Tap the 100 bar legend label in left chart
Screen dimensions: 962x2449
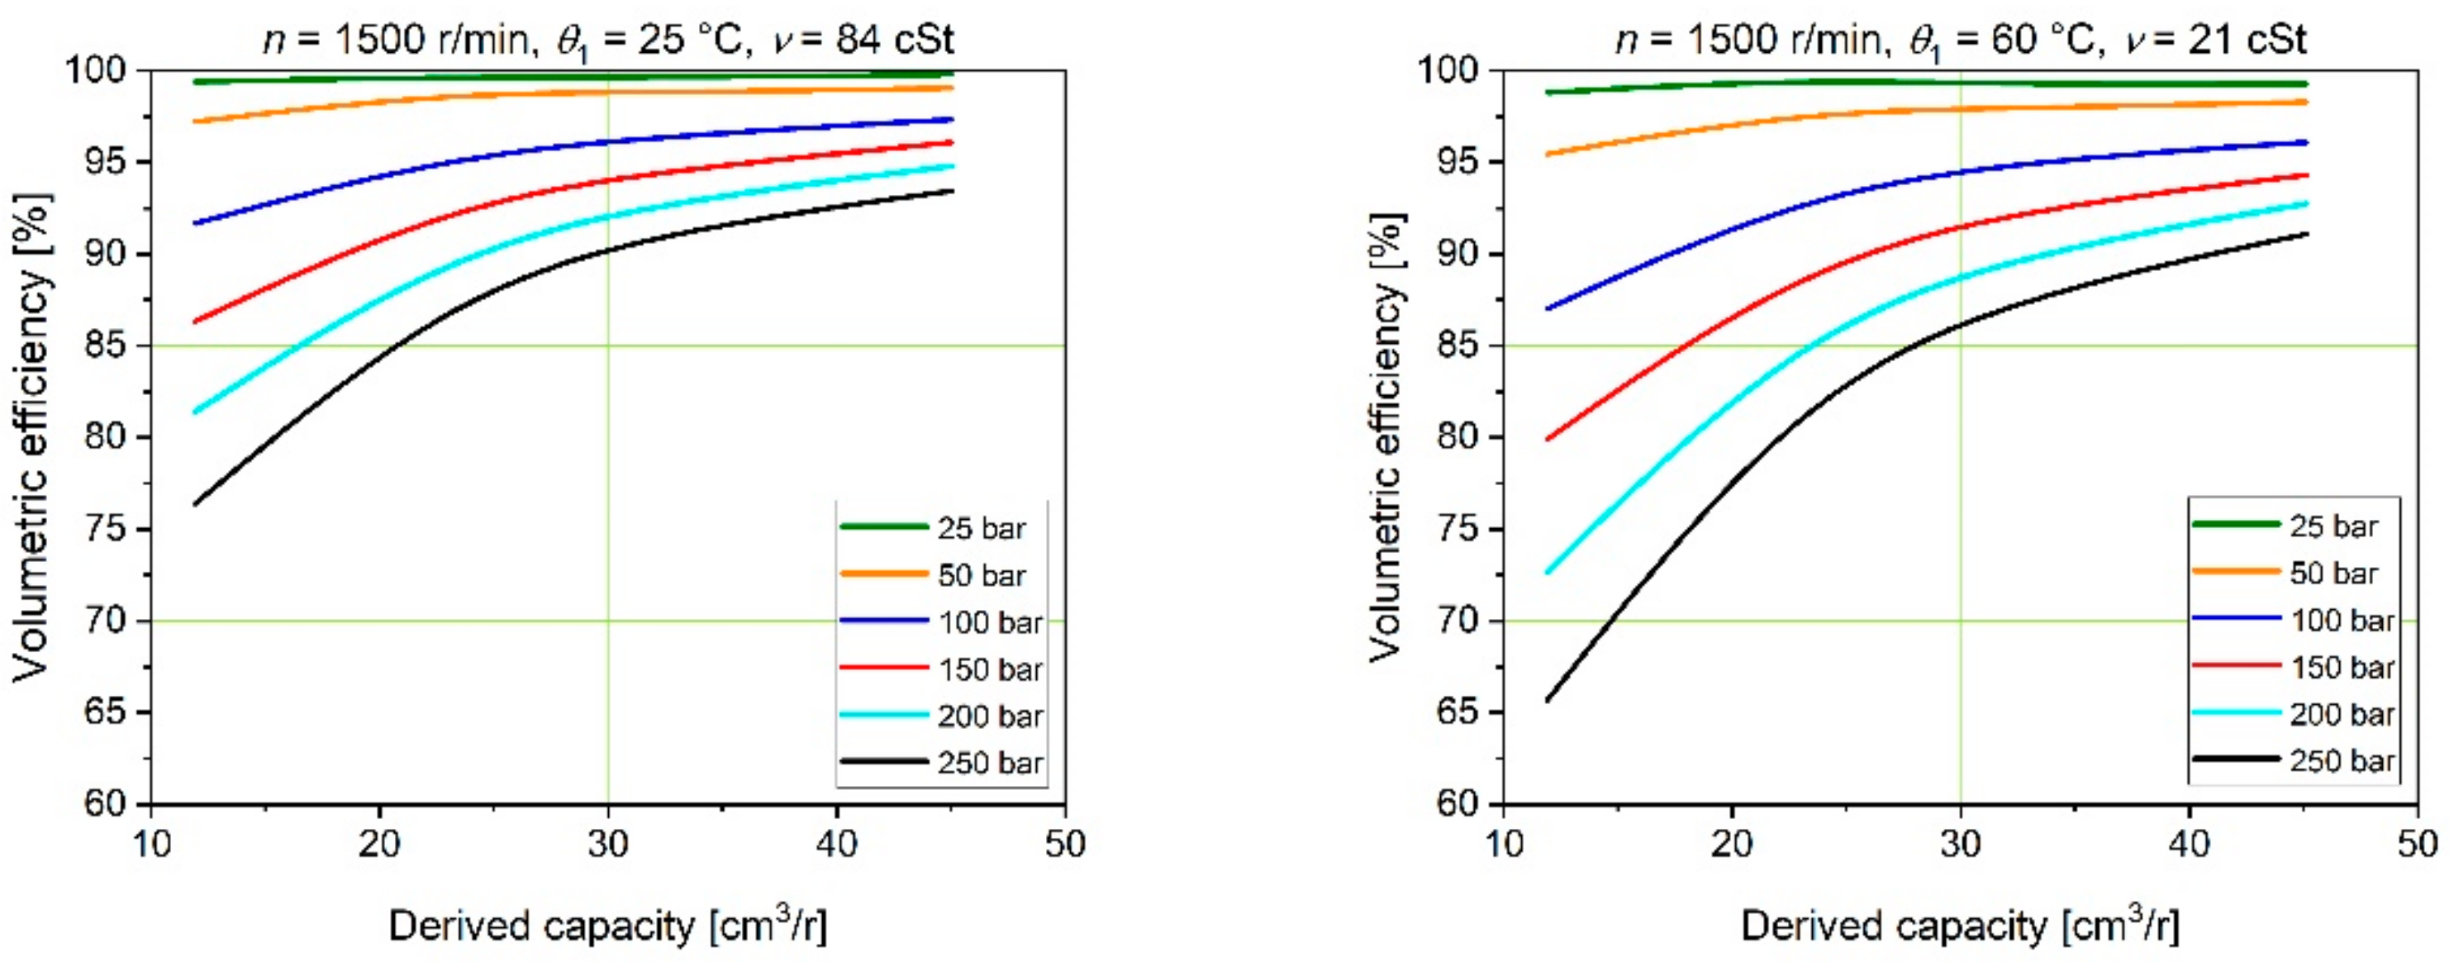(x=989, y=621)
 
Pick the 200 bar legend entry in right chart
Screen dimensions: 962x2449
(x=2340, y=714)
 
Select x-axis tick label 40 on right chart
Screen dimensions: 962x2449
(x=2189, y=844)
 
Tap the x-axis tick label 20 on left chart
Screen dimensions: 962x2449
(x=379, y=844)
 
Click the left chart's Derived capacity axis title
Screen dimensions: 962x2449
(x=608, y=926)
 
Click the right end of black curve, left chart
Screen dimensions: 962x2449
(x=952, y=191)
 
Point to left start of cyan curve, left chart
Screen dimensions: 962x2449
(x=195, y=412)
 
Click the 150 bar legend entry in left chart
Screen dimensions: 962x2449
(x=989, y=669)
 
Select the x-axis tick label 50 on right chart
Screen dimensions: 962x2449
(x=2417, y=844)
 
